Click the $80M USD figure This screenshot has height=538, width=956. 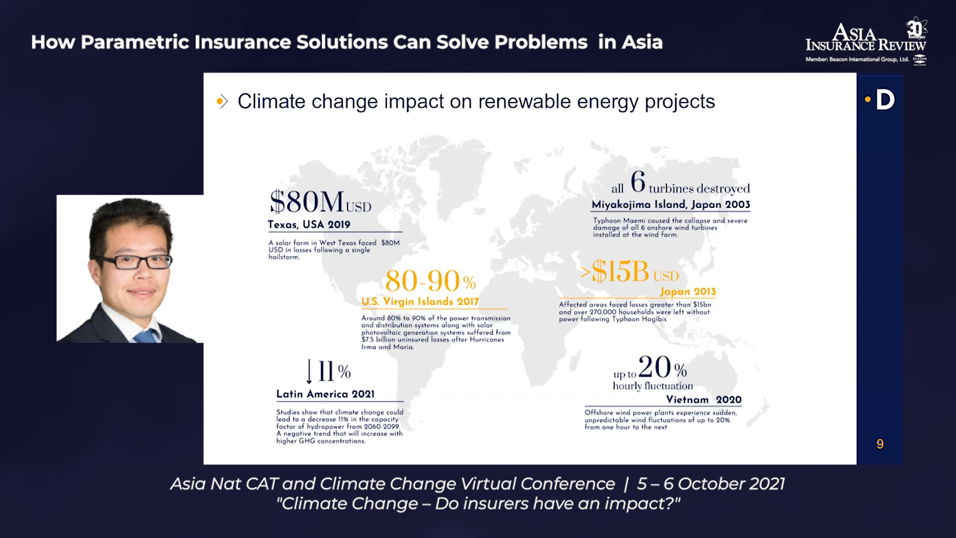pos(320,202)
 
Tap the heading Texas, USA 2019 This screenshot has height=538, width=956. pos(309,225)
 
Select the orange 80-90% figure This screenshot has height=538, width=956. pos(430,281)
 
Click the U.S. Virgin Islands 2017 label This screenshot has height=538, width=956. pos(420,301)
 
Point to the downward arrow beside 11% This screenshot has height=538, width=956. pos(309,372)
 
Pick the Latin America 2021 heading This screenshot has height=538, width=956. pos(325,394)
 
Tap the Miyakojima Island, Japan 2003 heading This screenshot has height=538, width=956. pos(671,204)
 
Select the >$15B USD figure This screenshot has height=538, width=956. pos(629,272)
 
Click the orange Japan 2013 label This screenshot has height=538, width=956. pos(688,292)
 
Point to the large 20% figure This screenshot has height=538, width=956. pos(662,368)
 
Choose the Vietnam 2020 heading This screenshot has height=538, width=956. pos(704,400)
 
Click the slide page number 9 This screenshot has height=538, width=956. pos(880,444)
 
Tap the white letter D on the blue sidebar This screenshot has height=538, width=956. pos(885,100)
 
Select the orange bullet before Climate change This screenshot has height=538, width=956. pos(220,102)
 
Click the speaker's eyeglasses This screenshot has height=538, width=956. pos(133,261)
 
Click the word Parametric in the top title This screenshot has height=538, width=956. pos(134,42)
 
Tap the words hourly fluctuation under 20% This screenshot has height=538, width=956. pos(653,386)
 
